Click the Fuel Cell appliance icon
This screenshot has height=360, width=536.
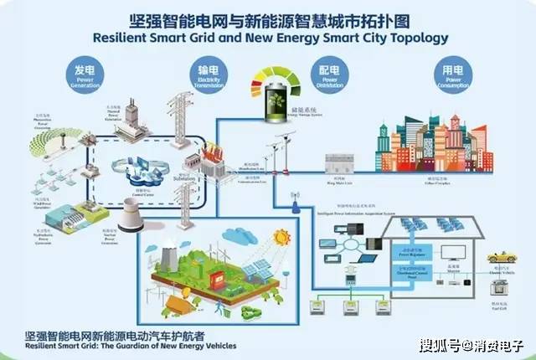[x=502, y=294]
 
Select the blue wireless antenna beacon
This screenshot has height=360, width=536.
[x=295, y=203]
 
